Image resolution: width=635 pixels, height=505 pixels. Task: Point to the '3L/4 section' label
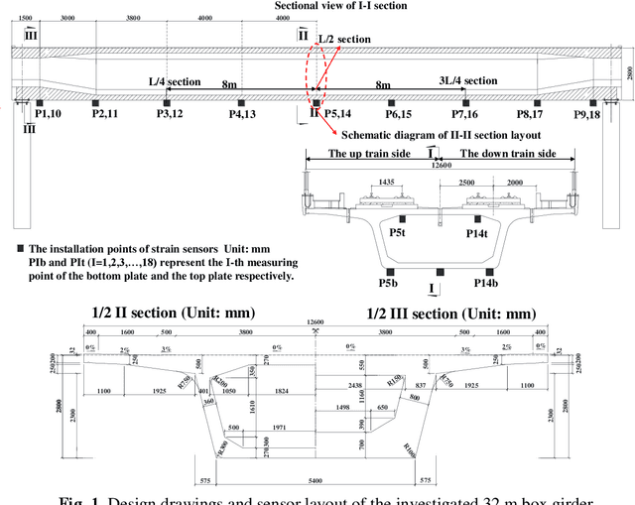pyautogui.click(x=468, y=80)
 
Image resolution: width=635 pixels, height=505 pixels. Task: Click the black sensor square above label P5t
pyautogui.click(x=402, y=219)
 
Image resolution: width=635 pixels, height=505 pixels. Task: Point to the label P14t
pyautogui.click(x=477, y=233)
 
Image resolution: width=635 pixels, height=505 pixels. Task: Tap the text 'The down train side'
pyautogui.click(x=507, y=154)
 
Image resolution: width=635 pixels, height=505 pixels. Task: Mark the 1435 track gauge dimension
pyautogui.click(x=383, y=185)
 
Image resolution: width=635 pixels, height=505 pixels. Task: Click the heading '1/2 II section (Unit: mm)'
pyautogui.click(x=173, y=312)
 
